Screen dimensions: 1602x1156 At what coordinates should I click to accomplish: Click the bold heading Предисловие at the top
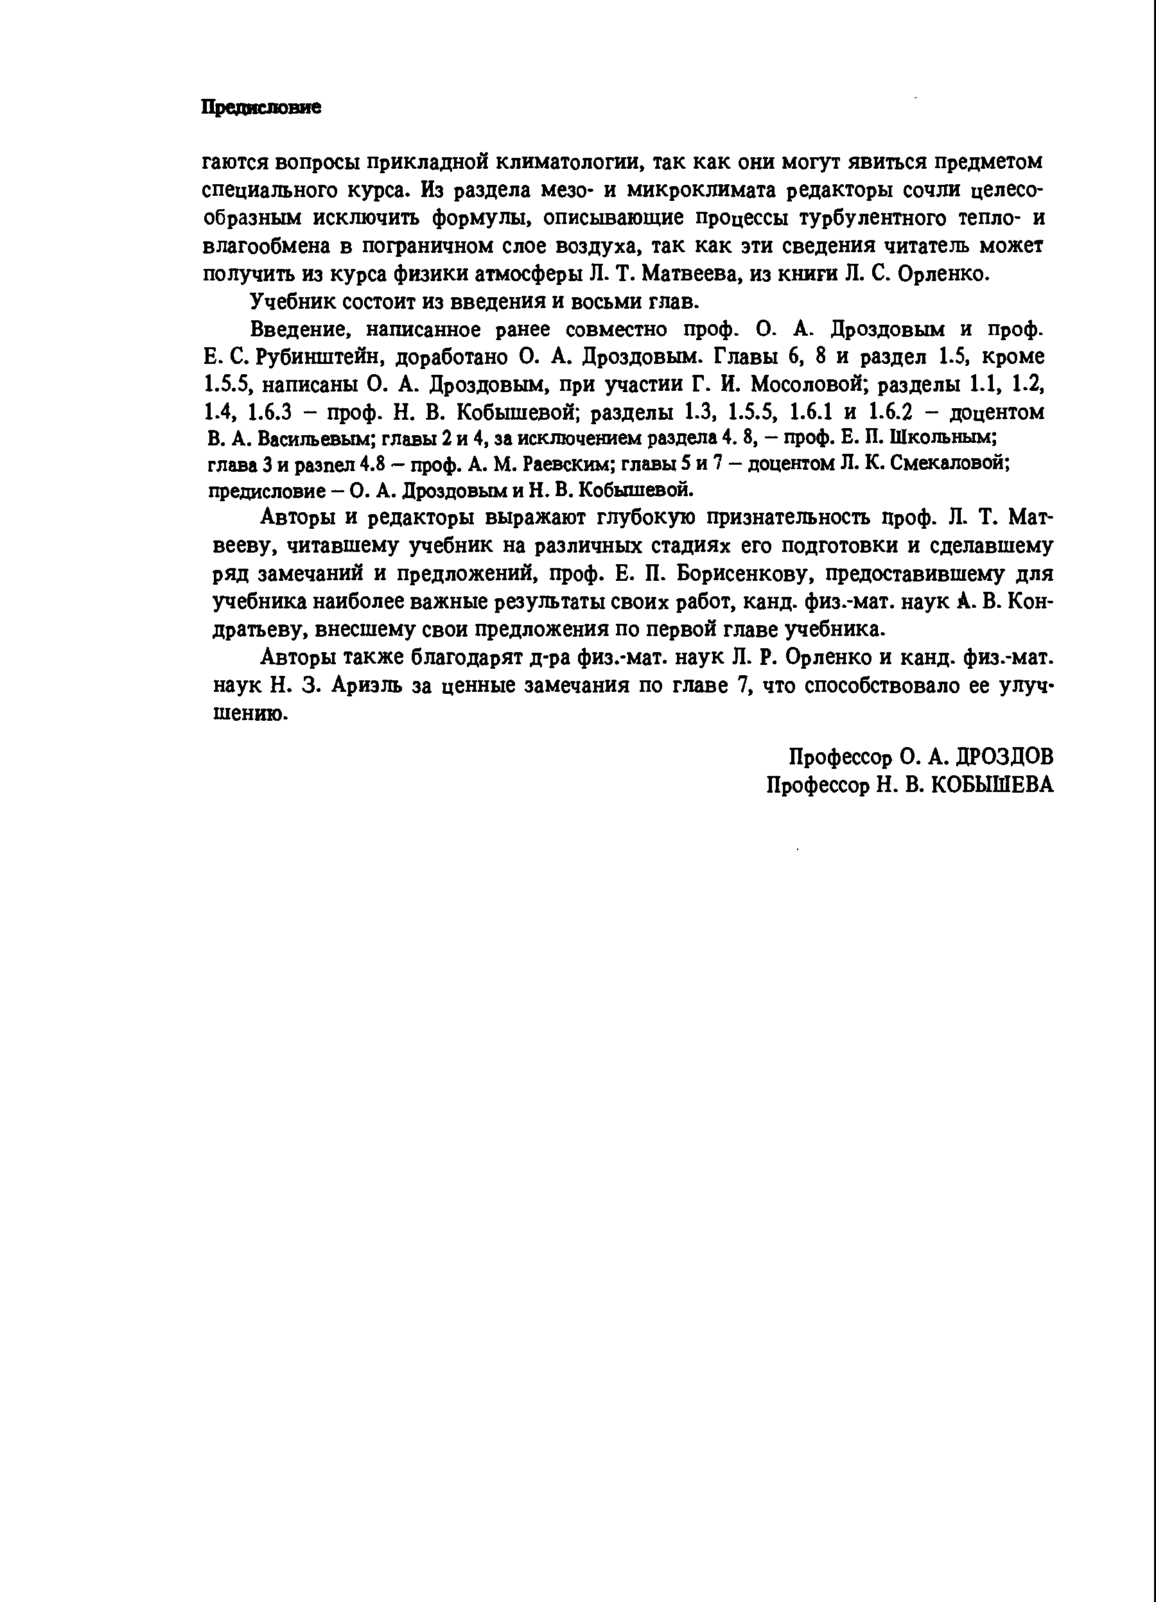tap(261, 107)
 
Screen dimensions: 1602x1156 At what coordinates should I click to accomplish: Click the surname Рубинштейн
tap(319, 357)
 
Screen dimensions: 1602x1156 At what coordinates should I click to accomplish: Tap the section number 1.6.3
tap(270, 413)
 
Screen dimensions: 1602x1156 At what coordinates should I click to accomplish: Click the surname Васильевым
tap(317, 440)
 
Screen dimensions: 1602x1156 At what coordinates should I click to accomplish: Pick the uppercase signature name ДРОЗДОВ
tap(1003, 757)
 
